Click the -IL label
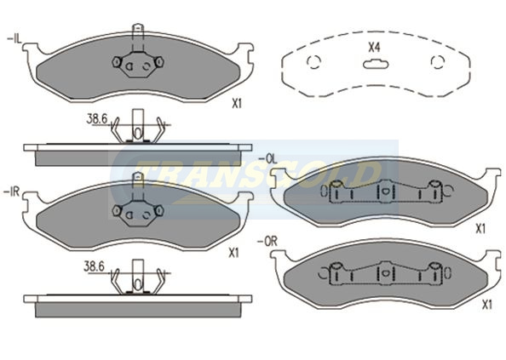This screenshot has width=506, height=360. pos(14,40)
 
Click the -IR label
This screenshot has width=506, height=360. pos(12,192)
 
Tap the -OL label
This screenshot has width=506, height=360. pos(267,158)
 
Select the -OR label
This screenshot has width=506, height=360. pos(267,242)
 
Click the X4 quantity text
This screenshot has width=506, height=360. pos(375,48)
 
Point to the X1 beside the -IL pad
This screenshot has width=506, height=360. pos(237,104)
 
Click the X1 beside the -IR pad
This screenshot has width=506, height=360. pos(233,253)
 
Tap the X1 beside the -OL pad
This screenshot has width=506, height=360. pos(480,229)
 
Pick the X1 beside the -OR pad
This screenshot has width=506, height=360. pos(486,305)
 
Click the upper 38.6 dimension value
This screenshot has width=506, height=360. pos(97,119)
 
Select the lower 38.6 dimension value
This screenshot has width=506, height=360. pos(95,267)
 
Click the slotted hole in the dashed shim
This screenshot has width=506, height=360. pos(376,64)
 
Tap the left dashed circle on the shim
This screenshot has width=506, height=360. pos(313,61)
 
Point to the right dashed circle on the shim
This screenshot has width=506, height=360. pos(438,61)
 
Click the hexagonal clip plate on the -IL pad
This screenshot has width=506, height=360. pos(138,64)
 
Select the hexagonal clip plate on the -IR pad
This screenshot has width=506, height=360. pos(138,213)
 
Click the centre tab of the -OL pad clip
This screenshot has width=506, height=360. pos(384,191)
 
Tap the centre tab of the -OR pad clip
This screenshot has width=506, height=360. pos(384,272)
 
